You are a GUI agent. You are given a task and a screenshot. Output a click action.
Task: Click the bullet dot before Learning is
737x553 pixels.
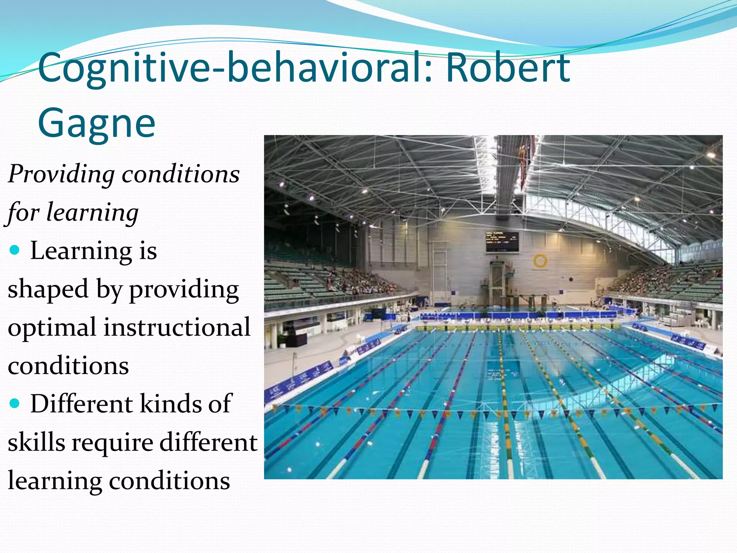pyautogui.click(x=15, y=250)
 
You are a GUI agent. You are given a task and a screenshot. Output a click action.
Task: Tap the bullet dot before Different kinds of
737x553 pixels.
pyautogui.click(x=15, y=403)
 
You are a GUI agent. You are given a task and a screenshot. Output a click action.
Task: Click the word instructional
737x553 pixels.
pyautogui.click(x=177, y=328)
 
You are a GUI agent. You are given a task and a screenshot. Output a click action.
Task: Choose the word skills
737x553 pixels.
pyautogui.click(x=36, y=442)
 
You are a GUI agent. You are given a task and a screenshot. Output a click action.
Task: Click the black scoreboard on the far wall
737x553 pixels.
pyautogui.click(x=502, y=242)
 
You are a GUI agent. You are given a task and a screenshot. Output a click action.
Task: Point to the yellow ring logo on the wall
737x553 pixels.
pyautogui.click(x=540, y=261)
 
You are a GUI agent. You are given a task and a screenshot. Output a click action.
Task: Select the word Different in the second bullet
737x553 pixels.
pyautogui.click(x=82, y=404)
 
